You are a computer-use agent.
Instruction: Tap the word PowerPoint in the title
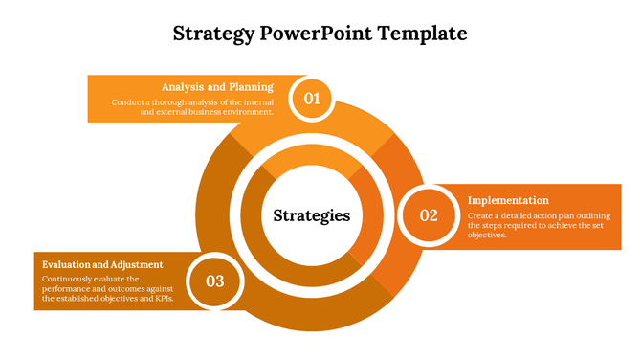tap(316, 34)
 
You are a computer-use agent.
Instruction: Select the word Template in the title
tap(425, 34)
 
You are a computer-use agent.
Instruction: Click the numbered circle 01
tap(312, 98)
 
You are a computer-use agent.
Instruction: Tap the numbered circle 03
tap(215, 281)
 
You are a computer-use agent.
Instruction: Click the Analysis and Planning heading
tap(217, 86)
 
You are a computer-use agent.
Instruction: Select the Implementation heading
tap(508, 200)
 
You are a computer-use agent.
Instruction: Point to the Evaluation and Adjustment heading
tap(102, 264)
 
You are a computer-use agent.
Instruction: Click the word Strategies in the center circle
tap(312, 215)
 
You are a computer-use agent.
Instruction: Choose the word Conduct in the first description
tap(127, 101)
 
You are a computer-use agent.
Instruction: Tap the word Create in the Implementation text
tap(480, 215)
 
